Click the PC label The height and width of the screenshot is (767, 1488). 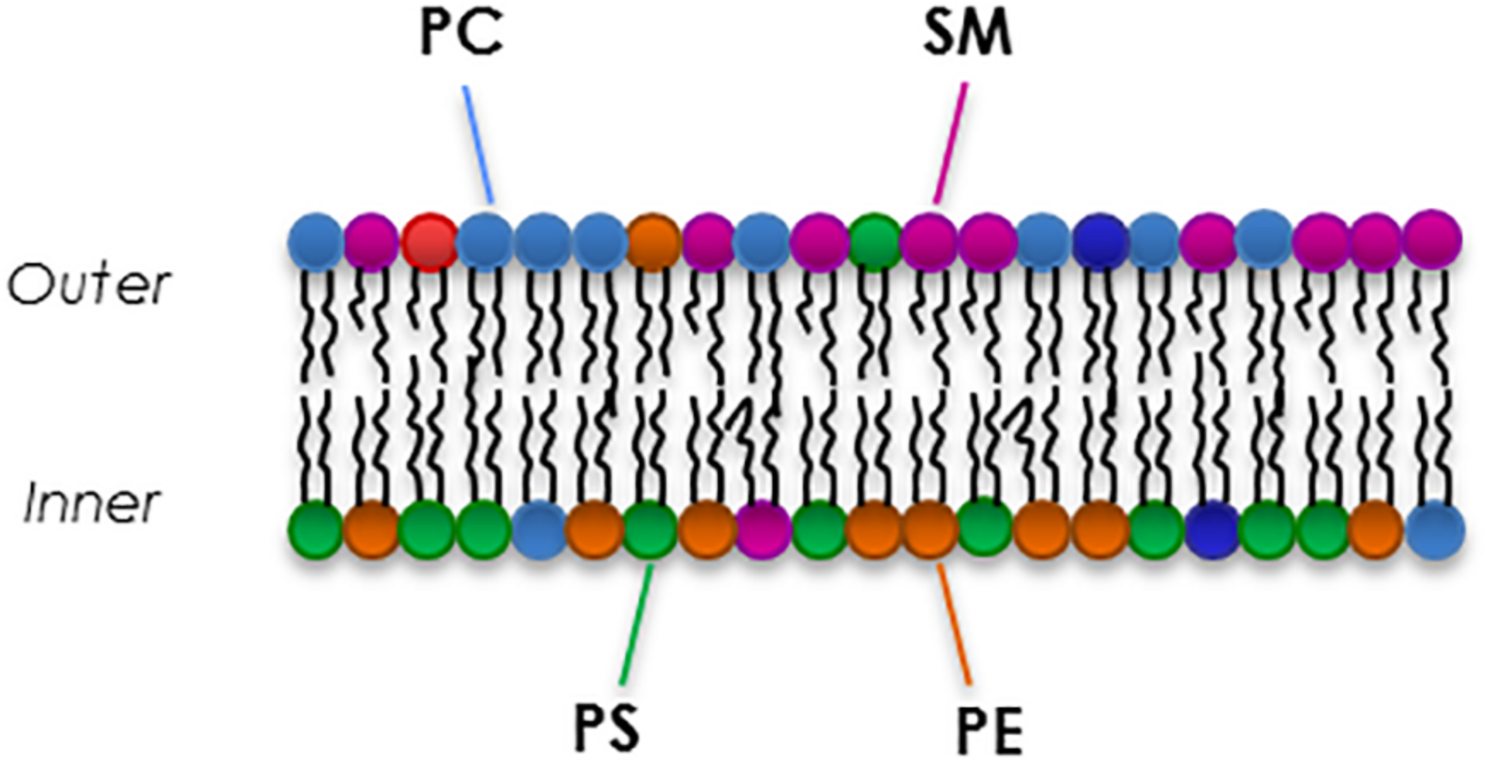(460, 35)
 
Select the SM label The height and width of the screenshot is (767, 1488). (967, 35)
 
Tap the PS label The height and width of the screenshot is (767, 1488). (606, 728)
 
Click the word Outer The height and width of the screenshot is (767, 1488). (89, 285)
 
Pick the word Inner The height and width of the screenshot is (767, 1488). (92, 502)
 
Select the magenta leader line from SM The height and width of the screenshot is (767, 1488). (950, 143)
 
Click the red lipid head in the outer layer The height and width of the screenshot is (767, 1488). (428, 241)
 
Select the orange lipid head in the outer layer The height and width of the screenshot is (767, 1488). (654, 241)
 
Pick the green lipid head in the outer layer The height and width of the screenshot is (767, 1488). (875, 241)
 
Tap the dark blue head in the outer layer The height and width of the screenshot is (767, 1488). (1100, 241)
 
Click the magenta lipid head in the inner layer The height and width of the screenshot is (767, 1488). (763, 529)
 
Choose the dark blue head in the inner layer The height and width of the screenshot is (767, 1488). (1214, 529)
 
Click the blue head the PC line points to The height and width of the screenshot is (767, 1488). (485, 241)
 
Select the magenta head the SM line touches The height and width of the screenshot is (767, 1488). (929, 241)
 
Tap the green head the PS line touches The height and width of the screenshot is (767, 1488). (651, 529)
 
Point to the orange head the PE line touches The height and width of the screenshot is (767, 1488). (930, 529)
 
